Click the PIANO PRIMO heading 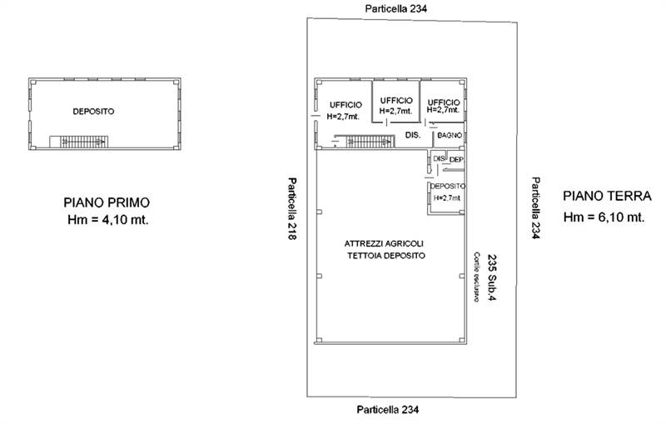coord(107,202)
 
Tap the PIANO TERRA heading coord(607,196)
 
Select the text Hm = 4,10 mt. coord(108,220)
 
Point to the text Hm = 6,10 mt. coord(604,217)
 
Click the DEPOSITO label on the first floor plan coord(93,112)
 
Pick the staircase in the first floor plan coord(78,142)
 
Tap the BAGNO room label coord(450,135)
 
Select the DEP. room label coord(456,160)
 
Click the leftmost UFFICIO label coord(345,105)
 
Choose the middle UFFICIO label coord(396,100)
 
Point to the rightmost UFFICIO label coord(444,102)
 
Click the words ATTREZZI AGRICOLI coord(384,244)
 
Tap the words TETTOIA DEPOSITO coord(386,256)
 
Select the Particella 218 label coord(291,208)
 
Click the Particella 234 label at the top coord(396,8)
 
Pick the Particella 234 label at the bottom coord(387,410)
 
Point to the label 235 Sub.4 coord(492,277)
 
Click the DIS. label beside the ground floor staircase coord(413,135)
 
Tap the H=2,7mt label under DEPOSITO coord(447,198)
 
